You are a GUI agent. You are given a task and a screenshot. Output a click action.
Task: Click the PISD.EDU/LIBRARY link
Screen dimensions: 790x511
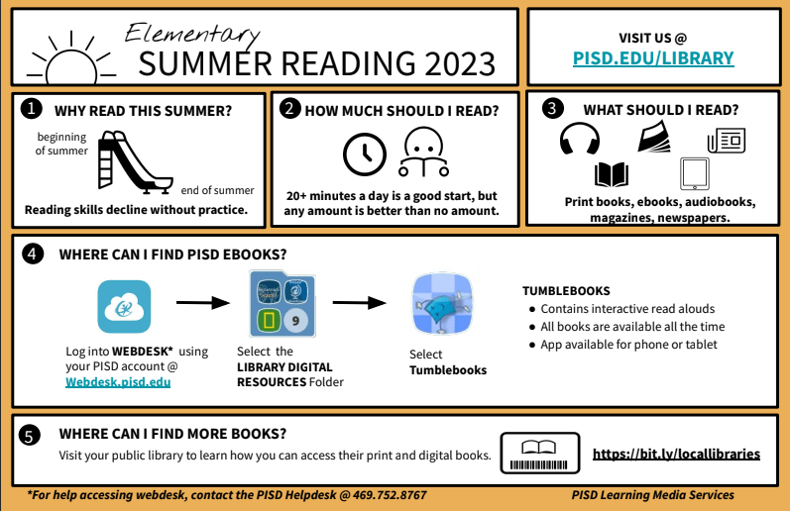653,58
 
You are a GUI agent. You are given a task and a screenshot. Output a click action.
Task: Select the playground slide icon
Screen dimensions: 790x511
135,162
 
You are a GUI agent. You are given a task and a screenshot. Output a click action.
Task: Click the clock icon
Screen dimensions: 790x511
364,154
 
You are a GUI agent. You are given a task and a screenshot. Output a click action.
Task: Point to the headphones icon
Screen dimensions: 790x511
580,139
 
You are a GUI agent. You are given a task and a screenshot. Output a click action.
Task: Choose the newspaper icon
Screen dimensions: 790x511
726,141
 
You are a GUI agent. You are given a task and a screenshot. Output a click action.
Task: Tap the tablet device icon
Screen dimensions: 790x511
694,173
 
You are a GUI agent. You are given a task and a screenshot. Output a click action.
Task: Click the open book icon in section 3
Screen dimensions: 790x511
612,174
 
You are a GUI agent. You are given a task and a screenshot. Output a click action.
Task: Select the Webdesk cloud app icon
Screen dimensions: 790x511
124,307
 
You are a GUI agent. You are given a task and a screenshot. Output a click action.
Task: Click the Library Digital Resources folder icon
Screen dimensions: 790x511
282,304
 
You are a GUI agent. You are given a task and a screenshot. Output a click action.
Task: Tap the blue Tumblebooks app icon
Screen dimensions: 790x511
442,304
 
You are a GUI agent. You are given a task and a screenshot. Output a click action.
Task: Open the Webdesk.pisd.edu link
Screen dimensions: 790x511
118,382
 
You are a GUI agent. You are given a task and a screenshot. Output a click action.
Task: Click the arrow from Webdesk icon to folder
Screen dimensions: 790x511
203,303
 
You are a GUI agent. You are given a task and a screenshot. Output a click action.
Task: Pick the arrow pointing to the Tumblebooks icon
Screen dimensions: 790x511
359,303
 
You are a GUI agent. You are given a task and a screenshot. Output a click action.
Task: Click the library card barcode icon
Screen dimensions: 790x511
539,454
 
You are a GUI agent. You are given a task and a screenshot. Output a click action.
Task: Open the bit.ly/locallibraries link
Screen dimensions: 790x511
676,455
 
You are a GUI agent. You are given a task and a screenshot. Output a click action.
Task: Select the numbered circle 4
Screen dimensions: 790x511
33,255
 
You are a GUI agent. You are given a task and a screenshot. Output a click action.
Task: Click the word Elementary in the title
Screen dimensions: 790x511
192,34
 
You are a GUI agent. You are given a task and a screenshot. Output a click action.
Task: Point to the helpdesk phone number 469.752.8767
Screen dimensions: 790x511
390,495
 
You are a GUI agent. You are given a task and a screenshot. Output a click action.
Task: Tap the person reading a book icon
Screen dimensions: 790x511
423,152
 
